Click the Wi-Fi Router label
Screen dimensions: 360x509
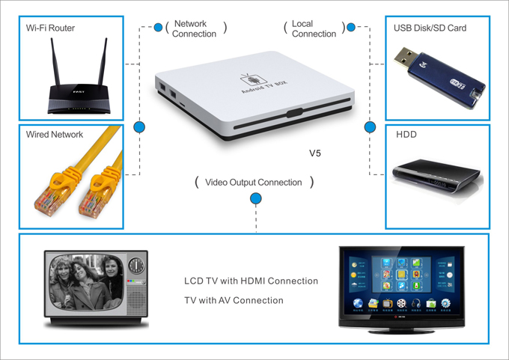[50, 28]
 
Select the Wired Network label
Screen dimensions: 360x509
[55, 135]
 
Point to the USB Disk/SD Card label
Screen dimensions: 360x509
[430, 28]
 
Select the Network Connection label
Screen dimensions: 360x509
[194, 28]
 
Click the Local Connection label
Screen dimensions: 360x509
[314, 28]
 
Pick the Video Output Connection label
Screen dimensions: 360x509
[254, 182]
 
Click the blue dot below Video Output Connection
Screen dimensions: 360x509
[256, 199]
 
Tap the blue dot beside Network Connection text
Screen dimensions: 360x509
[158, 28]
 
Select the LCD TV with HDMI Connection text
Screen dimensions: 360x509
[251, 281]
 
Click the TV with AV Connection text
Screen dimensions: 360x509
[234, 300]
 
